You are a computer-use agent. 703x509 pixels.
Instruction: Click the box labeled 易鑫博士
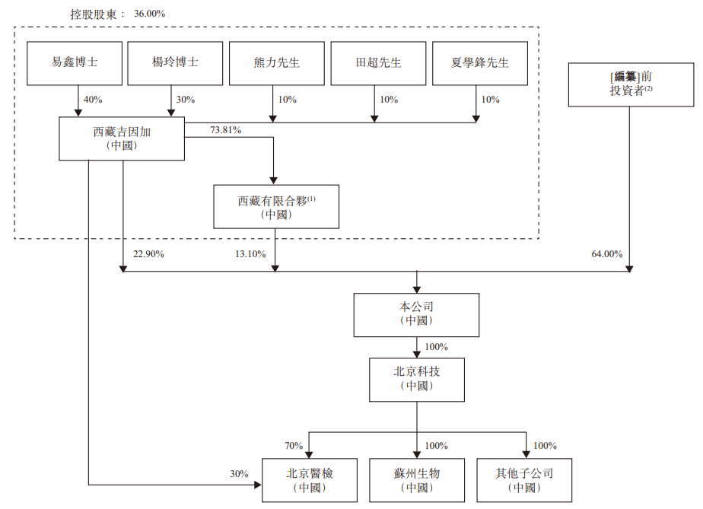pyautogui.click(x=74, y=62)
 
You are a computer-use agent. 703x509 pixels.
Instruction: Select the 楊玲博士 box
pyautogui.click(x=175, y=62)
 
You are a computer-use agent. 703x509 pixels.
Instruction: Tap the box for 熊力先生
pyautogui.click(x=276, y=62)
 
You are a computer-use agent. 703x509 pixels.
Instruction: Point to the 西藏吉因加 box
pyautogui.click(x=122, y=138)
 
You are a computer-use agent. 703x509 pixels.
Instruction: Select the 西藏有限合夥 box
pyautogui.click(x=275, y=206)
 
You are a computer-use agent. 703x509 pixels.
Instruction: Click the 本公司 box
pyautogui.click(x=416, y=314)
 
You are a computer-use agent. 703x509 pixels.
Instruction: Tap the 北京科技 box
pyautogui.click(x=416, y=379)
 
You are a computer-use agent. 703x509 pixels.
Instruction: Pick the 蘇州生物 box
pyautogui.click(x=416, y=480)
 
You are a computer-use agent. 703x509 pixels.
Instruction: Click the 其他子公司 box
pyautogui.click(x=524, y=480)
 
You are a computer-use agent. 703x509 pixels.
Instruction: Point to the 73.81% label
pyautogui.click(x=225, y=130)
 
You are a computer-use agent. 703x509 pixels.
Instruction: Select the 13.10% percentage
pyautogui.click(x=253, y=253)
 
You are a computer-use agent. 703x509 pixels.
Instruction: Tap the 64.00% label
pyautogui.click(x=606, y=253)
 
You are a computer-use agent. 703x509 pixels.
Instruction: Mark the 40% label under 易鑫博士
pyautogui.click(x=92, y=100)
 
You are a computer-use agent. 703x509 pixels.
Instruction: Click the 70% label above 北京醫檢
pyautogui.click(x=294, y=445)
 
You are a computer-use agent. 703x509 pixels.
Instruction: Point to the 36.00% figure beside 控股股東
pyautogui.click(x=149, y=14)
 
